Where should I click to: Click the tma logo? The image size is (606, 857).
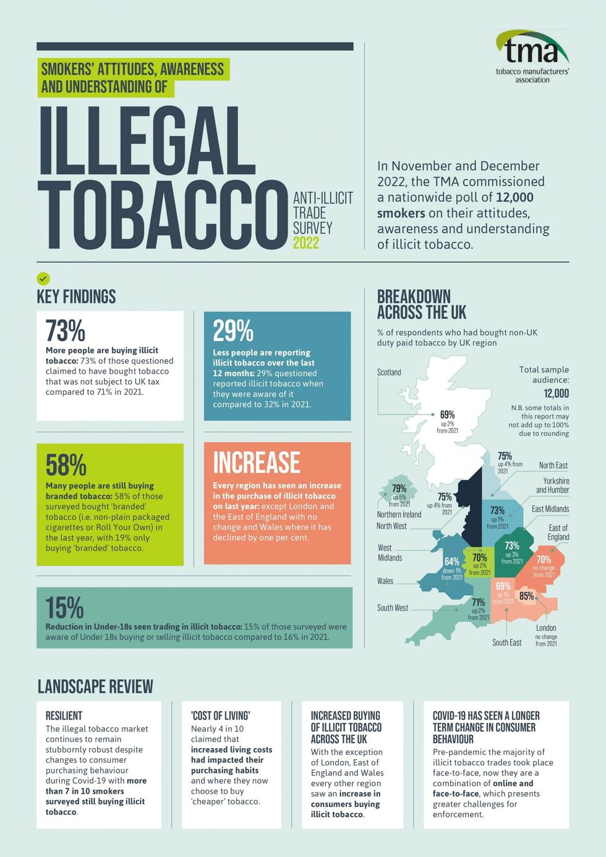pos(532,56)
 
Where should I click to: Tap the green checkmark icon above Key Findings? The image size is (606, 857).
pos(43,278)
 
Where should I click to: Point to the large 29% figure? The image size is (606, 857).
pos(233,331)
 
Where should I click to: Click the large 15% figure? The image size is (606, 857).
pos(64,608)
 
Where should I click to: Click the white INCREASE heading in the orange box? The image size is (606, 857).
pos(257,463)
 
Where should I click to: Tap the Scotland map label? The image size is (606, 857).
pos(389,373)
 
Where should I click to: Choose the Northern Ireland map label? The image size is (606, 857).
pos(399,514)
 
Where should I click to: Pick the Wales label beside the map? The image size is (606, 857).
pos(385,581)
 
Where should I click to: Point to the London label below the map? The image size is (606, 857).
pos(546,628)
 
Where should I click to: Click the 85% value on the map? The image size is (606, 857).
pos(526,596)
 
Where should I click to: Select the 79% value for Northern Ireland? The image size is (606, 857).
pos(399,489)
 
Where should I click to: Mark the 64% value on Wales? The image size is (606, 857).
pos(452,562)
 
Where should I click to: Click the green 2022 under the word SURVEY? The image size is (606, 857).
pos(306,243)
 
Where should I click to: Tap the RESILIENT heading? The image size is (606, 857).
pos(64,716)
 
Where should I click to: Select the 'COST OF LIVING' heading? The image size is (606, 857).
pos(220,716)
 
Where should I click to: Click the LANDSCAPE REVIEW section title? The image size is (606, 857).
pos(95,686)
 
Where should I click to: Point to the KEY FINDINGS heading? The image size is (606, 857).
pos(76,297)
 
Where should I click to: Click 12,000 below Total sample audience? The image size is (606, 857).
pos(556,394)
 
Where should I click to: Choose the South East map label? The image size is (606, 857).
pos(506,643)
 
